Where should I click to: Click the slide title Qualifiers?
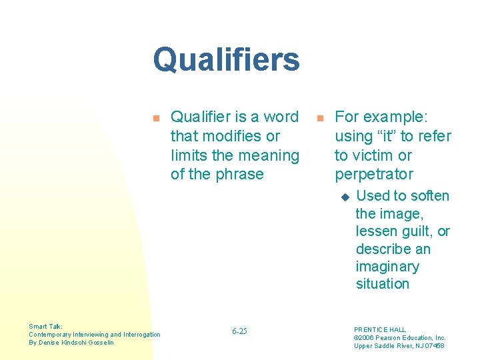point(226,59)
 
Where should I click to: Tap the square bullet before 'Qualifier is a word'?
point(156,118)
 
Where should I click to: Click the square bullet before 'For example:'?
point(319,118)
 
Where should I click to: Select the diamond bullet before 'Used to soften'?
point(345,197)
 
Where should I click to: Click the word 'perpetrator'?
point(373,174)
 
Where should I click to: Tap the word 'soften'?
point(429,196)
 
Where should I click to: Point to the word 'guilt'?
point(413,231)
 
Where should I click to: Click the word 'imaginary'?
point(387,267)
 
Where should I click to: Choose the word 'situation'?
point(382,284)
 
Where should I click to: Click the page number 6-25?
point(239,331)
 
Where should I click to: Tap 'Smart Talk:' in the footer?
point(46,327)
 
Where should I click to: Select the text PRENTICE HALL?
point(379,329)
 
